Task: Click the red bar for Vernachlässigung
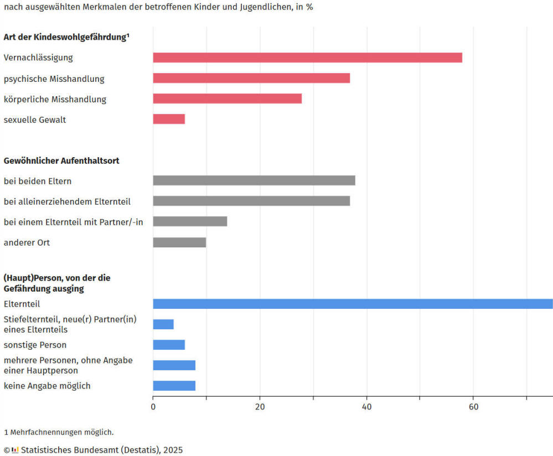tap(307, 58)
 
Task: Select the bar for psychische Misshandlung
tap(251, 78)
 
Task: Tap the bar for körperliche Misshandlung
tap(227, 99)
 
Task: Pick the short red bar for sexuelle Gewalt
tap(169, 119)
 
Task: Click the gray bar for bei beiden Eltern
tap(254, 180)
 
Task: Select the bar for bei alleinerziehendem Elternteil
tap(251, 201)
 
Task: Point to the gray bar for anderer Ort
tap(179, 242)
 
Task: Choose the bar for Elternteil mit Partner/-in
tap(190, 221)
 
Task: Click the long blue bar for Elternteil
tap(353, 304)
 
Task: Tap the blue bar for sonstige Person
tap(169, 345)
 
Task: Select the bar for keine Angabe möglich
tap(174, 386)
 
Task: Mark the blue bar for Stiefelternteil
tap(163, 324)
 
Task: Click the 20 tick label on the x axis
tap(260, 407)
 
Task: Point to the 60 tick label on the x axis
tap(473, 407)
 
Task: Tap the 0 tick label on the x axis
tap(153, 407)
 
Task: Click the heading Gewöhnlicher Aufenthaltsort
tap(61, 160)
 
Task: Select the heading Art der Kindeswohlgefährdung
tap(66, 37)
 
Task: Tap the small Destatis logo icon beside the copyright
tap(15, 450)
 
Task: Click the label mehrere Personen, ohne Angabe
tap(68, 360)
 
